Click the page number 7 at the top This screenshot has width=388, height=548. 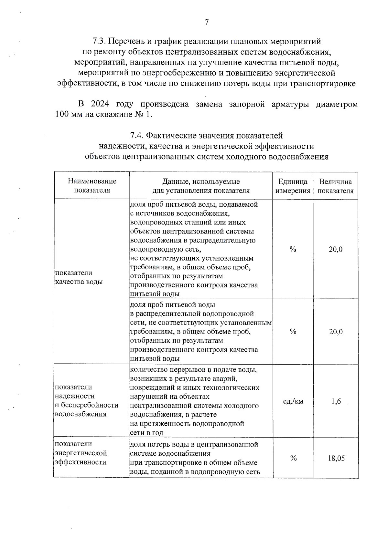pos(207,22)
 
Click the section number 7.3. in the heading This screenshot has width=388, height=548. pos(99,42)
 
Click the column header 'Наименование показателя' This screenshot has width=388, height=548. pos(92,186)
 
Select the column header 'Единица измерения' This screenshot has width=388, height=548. pos(293,186)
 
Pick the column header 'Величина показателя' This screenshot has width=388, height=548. pos(336,186)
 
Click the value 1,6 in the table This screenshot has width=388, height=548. pos(336,401)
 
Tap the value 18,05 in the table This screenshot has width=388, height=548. pos(336,458)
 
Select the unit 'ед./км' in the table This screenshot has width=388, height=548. pos(293,401)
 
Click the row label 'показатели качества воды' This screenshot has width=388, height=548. pos(79,277)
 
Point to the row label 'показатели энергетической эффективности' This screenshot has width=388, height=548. pos(81,453)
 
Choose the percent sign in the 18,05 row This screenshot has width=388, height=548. pos(293,458)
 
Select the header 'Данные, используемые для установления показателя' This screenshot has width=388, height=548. pos(201,186)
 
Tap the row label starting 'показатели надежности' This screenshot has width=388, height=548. pos(86,400)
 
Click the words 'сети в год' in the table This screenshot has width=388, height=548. pos(146,433)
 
